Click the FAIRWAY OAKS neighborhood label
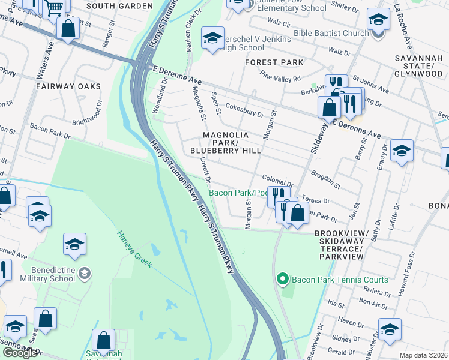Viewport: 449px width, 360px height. pos(68,86)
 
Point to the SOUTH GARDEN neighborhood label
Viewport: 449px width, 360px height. pos(116,5)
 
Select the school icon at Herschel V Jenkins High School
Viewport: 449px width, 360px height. pos(212,39)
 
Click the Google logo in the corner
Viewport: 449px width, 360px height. pos(19,352)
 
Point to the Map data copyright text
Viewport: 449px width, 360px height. pos(424,355)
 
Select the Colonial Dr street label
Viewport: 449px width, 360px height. pos(277,179)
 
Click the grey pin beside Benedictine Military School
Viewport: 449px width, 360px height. pos(85,274)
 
